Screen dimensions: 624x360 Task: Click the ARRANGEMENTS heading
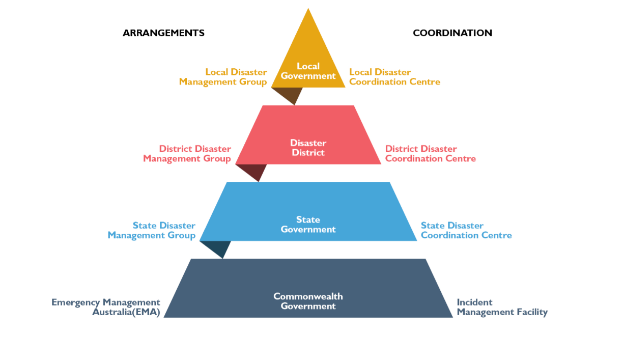click(163, 33)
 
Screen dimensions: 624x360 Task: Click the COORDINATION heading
click(452, 33)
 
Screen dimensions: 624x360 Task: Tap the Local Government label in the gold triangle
click(308, 71)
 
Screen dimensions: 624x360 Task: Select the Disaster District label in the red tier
click(308, 148)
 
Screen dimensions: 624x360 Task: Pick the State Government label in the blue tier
click(308, 225)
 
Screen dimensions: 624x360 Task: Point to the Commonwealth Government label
click(308, 301)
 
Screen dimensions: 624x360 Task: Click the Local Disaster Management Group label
click(223, 77)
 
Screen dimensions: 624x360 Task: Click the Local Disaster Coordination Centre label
click(395, 77)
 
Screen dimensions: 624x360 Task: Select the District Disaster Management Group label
click(187, 154)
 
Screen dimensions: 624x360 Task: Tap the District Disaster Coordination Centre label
click(431, 154)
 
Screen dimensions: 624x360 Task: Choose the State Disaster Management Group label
click(152, 230)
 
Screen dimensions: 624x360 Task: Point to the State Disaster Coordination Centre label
click(466, 230)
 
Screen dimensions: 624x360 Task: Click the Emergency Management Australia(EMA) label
click(106, 307)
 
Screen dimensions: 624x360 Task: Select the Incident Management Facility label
click(502, 307)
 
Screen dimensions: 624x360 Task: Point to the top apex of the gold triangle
click(308, 8)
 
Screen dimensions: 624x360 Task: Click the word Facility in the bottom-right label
click(532, 312)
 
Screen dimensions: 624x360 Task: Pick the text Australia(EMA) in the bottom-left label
click(126, 312)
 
